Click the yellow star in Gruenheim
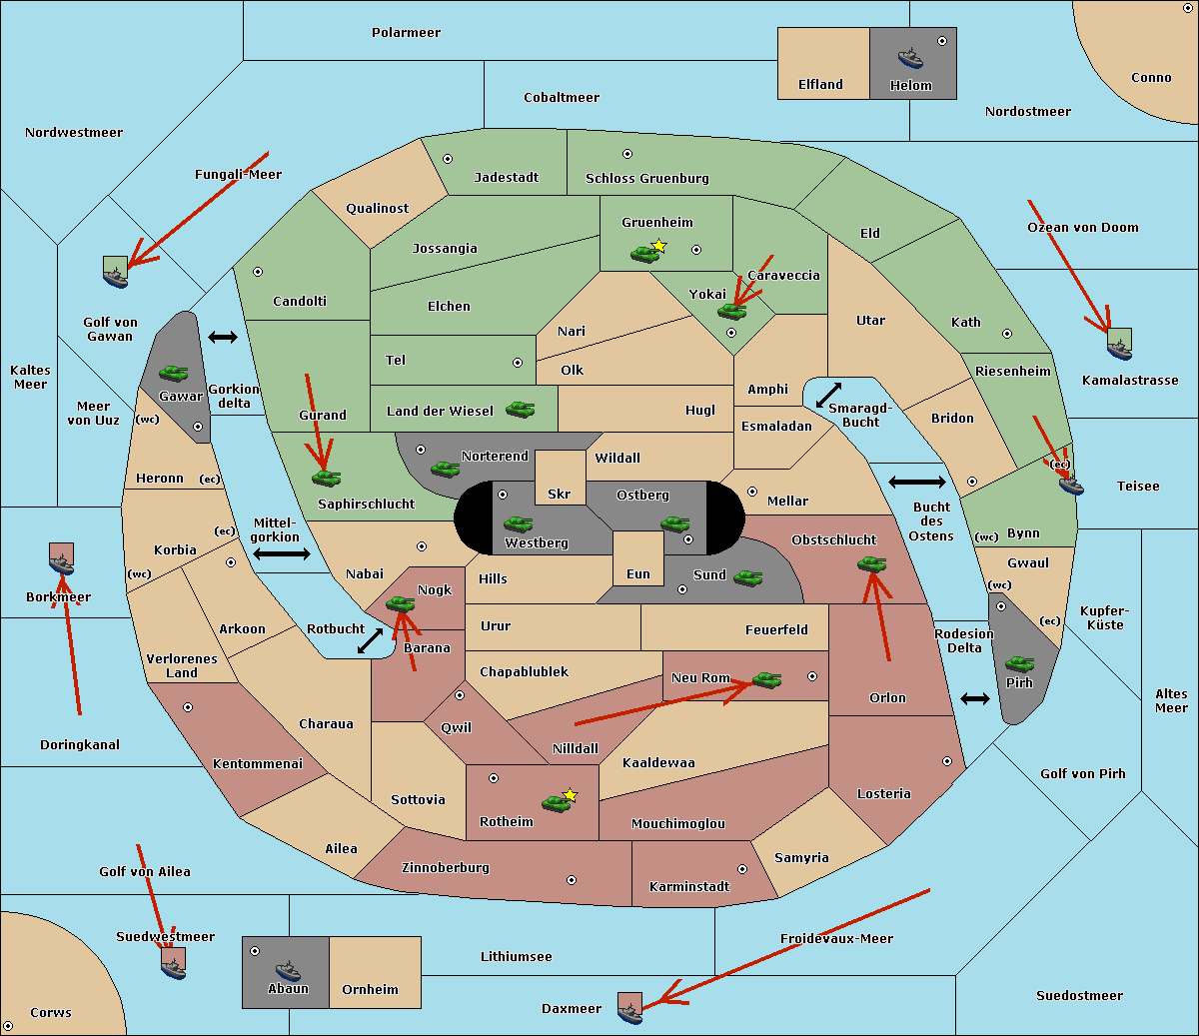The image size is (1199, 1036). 658,246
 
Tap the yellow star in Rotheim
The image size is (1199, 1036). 570,794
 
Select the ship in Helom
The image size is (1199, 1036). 910,59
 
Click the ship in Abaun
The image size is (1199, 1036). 288,971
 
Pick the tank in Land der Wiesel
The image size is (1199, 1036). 520,410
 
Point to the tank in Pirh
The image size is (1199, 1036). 1019,663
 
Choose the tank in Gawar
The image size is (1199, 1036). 173,373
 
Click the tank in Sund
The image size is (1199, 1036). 747,577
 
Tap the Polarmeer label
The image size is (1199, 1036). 406,33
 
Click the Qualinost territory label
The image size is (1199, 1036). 377,208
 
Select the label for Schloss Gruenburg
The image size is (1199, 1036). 646,178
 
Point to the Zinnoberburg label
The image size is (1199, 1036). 446,867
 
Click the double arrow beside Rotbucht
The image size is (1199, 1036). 370,640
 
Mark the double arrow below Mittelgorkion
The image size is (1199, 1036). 282,553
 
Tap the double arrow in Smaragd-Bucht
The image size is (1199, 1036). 828,395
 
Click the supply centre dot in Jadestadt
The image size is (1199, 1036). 448,159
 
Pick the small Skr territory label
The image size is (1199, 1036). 560,494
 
